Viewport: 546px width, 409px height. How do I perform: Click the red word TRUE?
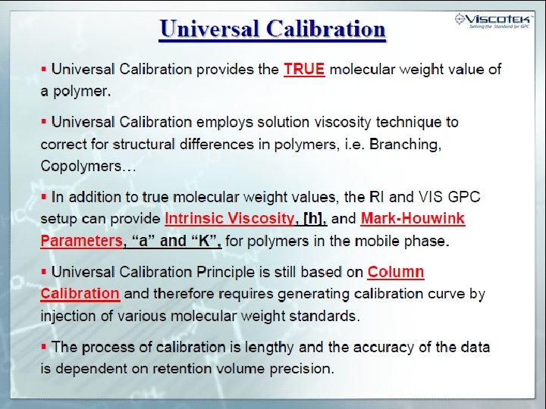[x=304, y=69]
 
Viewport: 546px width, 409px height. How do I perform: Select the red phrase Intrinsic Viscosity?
[x=229, y=219]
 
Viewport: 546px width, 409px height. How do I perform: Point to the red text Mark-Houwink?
[x=413, y=219]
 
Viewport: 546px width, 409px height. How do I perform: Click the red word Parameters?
[x=81, y=241]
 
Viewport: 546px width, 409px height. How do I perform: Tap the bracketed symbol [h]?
[x=314, y=219]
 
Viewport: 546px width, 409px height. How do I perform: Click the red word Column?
[x=395, y=272]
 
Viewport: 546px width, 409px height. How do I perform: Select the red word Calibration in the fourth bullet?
[x=80, y=293]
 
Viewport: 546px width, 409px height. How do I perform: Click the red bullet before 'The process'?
[x=44, y=346]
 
